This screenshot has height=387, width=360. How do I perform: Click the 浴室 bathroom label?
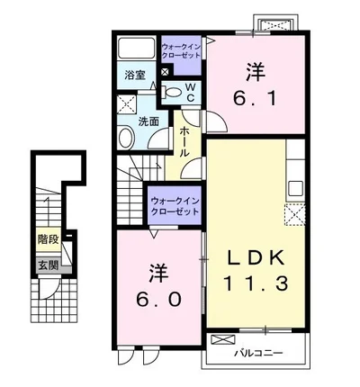135,76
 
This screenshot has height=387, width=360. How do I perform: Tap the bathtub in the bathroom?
137,48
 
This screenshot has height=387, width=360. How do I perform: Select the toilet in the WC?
171,93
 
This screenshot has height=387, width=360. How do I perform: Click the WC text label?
191,93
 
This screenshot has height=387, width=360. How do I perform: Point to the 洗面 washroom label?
148,121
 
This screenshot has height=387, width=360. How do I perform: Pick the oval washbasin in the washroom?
127,139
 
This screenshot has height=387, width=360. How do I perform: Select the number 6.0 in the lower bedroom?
159,299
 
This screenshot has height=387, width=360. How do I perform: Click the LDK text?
256,257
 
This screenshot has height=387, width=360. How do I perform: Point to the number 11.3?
256,283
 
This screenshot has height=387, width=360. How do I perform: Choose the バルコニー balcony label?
258,353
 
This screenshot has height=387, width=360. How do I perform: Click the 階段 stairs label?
48,239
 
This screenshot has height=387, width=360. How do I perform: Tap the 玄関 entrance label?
48,265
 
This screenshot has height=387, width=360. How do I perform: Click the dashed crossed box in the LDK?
294,214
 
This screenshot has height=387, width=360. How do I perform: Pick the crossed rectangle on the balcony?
223,340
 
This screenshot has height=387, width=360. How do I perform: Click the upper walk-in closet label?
181,51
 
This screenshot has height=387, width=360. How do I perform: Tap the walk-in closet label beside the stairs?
175,206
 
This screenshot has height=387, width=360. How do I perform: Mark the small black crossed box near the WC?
166,72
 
